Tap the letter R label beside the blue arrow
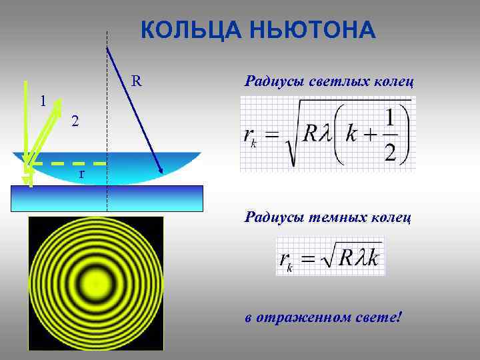click(136, 81)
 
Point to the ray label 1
click(42, 101)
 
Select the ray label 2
click(75, 121)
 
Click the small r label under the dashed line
click(81, 173)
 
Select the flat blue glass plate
click(107, 198)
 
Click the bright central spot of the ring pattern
click(95, 283)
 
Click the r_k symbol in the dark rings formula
click(287, 260)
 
